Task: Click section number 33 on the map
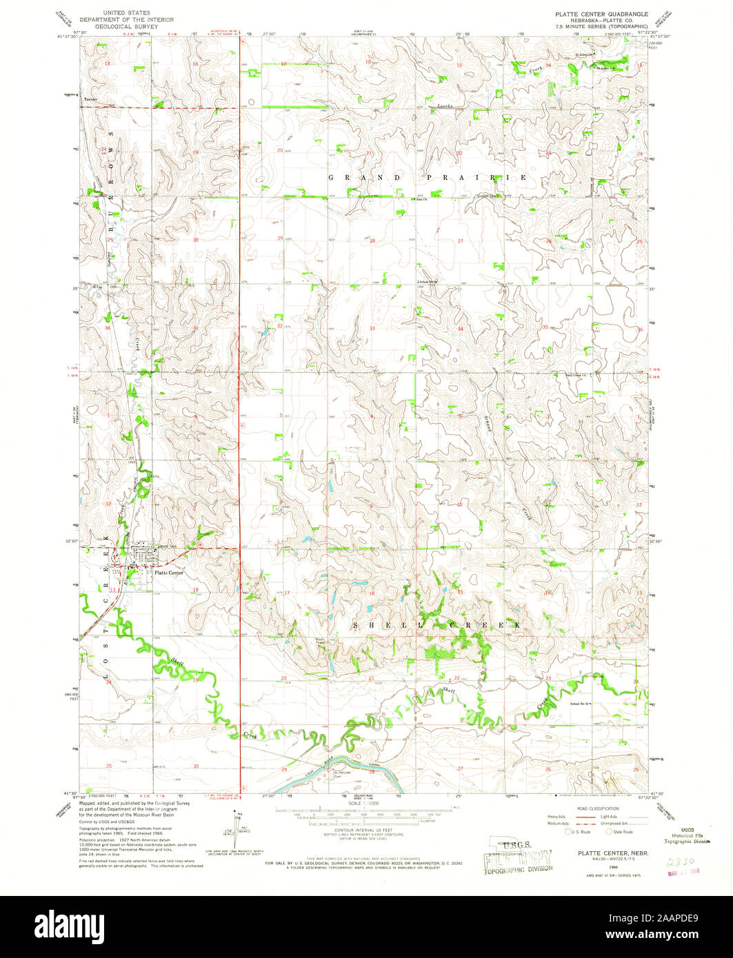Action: point(372,329)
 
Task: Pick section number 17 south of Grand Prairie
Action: point(288,593)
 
